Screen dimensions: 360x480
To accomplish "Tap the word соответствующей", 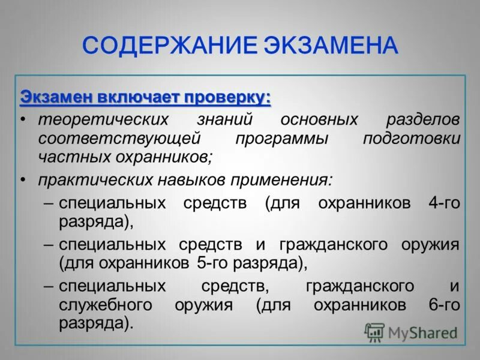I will tap(119, 138).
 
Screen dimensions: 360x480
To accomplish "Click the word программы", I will tap(281, 139).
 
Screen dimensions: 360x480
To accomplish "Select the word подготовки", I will tap(412, 138).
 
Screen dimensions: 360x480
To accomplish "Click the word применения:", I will tap(287, 180).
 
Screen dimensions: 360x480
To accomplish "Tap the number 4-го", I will tap(444, 203).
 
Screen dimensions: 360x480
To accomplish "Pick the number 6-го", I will tap(444, 305).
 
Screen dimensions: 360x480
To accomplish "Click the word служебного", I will tap(107, 305).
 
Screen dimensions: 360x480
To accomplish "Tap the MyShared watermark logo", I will tap(410, 332).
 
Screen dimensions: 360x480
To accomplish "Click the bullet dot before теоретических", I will tap(23, 119).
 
